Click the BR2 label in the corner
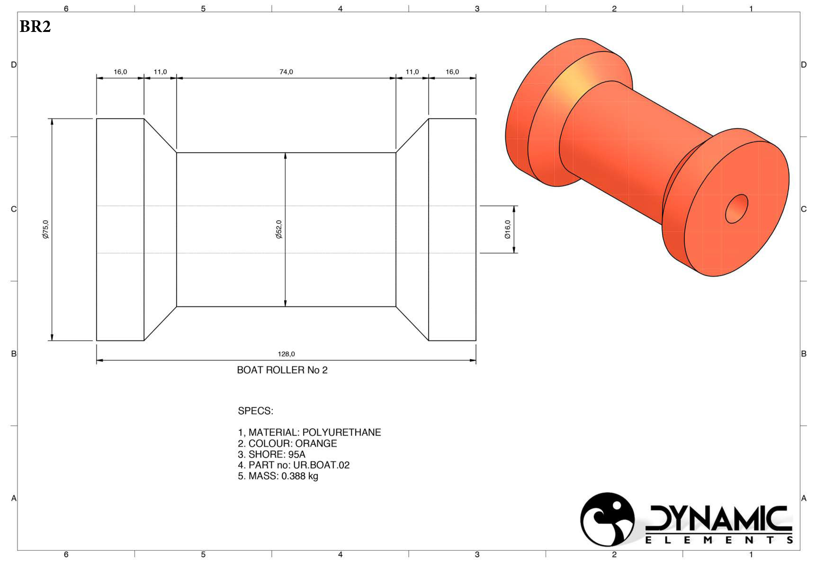[x=35, y=26]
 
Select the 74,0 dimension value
[x=286, y=72]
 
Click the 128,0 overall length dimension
[x=286, y=354]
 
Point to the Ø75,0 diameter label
[x=45, y=229]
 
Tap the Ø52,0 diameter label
[x=279, y=229]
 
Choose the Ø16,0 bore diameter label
[x=507, y=229]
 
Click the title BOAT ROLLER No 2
[x=282, y=370]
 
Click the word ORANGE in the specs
[x=316, y=443]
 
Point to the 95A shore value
[x=296, y=454]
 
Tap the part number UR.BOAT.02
[x=321, y=465]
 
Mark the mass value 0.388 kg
[x=300, y=476]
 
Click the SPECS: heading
[x=256, y=411]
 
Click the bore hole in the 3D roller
[x=736, y=209]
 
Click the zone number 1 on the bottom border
[x=751, y=554]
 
